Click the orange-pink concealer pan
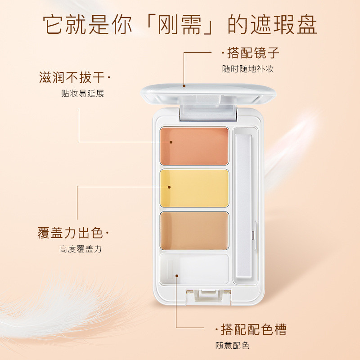pyautogui.click(x=194, y=146)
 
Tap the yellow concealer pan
pyautogui.click(x=194, y=188)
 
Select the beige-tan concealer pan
pyautogui.click(x=194, y=231)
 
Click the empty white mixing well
pyautogui.click(x=194, y=269)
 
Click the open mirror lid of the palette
pyautogui.click(x=208, y=94)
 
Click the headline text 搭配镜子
pyautogui.click(x=253, y=53)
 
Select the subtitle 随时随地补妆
pyautogui.click(x=248, y=69)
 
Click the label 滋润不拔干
pyautogui.click(x=72, y=77)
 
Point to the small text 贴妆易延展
pyautogui.click(x=83, y=93)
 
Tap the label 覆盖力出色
pyautogui.click(x=70, y=233)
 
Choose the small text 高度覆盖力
pyautogui.click(x=81, y=249)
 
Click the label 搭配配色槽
pyautogui.click(x=254, y=329)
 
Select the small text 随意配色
pyautogui.click(x=232, y=345)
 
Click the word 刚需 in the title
pyautogui.click(x=180, y=25)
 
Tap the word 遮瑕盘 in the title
pyautogui.click(x=284, y=25)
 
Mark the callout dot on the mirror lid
pyautogui.click(x=184, y=86)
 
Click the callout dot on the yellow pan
pyautogui.click(x=169, y=187)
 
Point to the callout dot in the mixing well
pyautogui.click(x=177, y=275)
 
